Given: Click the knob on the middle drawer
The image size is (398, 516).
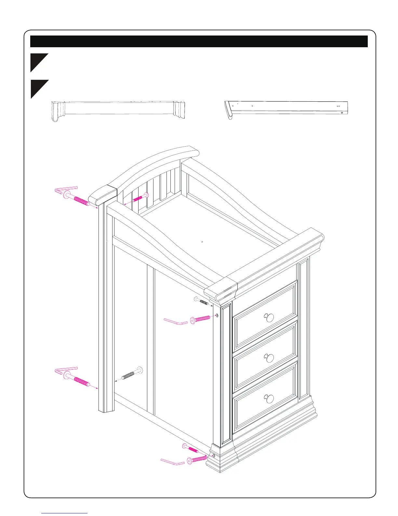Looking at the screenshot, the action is click(x=269, y=358).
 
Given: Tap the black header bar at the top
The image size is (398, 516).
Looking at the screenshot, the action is click(x=199, y=41).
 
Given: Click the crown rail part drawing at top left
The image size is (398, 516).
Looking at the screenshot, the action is click(x=118, y=110).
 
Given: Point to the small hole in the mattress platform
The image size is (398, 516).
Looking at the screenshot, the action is click(x=202, y=242).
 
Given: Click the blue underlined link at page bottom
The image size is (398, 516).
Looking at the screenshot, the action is click(x=65, y=513).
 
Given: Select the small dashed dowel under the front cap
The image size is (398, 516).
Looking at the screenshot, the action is click(x=202, y=301).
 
